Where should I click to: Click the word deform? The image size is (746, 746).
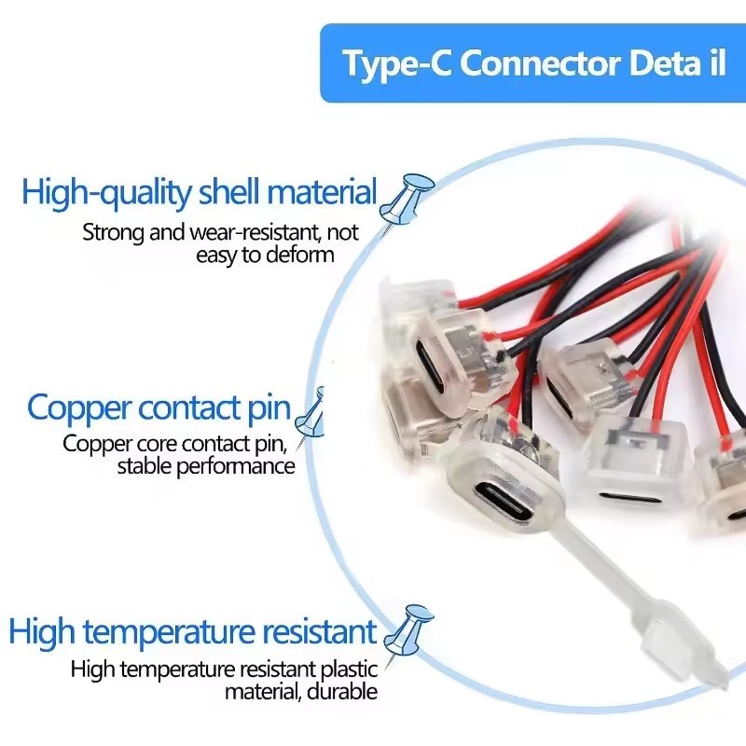300,254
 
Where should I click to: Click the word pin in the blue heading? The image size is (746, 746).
269,408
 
